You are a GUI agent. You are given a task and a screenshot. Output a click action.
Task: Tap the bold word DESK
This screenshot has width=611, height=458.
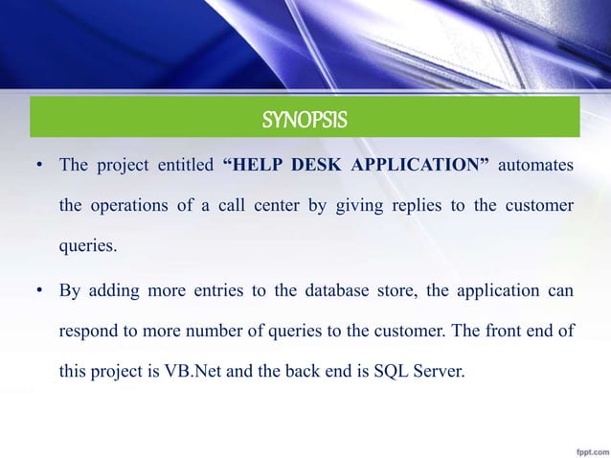click(316, 165)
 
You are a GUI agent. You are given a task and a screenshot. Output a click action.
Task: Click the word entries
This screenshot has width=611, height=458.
click(208, 287)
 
